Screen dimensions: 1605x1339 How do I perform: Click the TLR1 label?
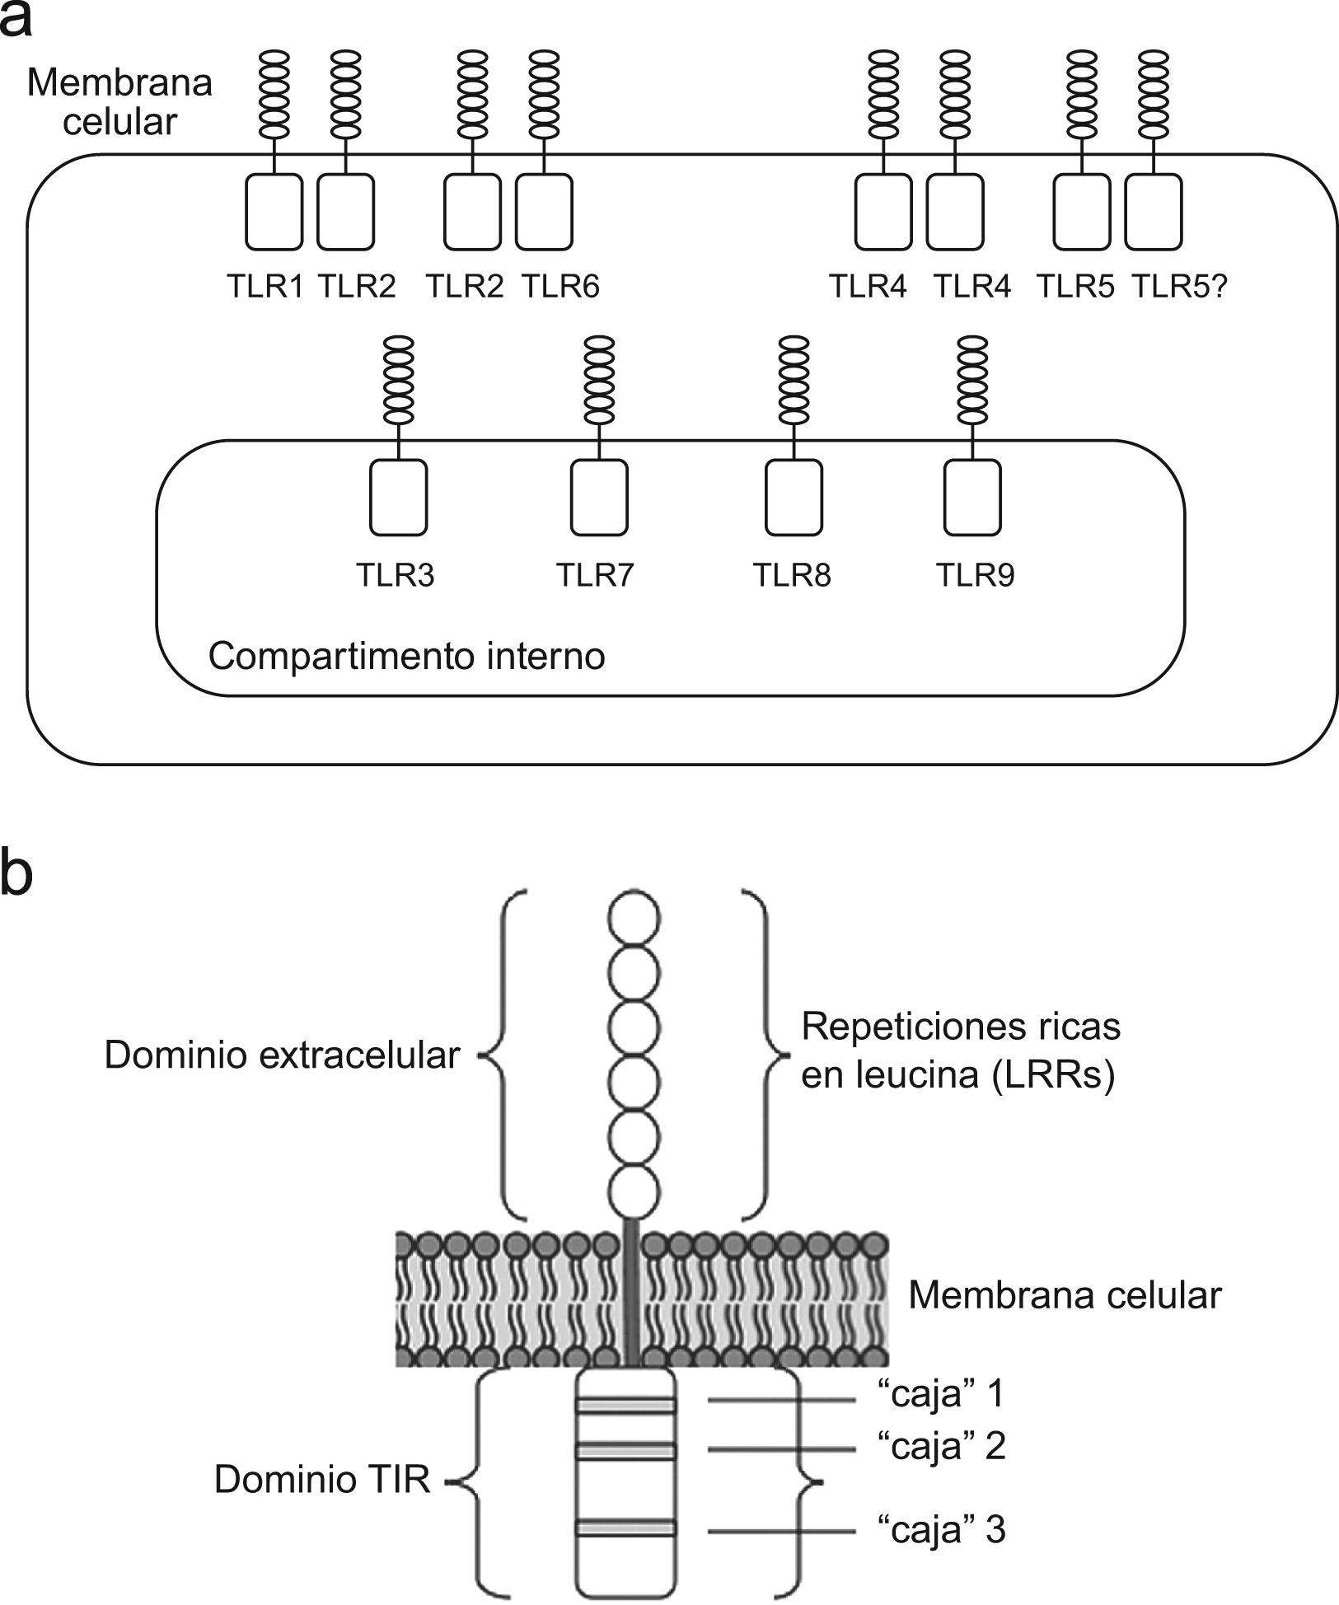click(x=265, y=286)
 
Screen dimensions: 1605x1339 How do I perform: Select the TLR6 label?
click(x=560, y=286)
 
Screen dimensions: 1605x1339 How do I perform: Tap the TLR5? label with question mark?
click(x=1179, y=286)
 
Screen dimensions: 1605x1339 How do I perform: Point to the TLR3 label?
click(x=395, y=575)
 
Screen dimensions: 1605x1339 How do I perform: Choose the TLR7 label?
click(x=595, y=575)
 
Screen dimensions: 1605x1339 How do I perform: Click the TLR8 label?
click(x=792, y=575)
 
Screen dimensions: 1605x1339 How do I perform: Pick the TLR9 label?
click(x=975, y=575)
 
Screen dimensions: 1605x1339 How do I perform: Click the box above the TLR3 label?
click(x=398, y=497)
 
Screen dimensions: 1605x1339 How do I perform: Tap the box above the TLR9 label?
click(x=972, y=497)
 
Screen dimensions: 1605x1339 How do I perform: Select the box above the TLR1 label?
click(x=274, y=211)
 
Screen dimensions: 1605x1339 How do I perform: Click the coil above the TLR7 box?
click(x=598, y=380)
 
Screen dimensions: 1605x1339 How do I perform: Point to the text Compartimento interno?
click(x=406, y=657)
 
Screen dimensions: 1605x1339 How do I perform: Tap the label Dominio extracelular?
click(x=281, y=1055)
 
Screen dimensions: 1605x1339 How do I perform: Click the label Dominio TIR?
click(x=322, y=1480)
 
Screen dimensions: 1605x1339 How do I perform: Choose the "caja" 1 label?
click(x=941, y=1393)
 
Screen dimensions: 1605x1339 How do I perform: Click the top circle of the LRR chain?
click(x=634, y=916)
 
